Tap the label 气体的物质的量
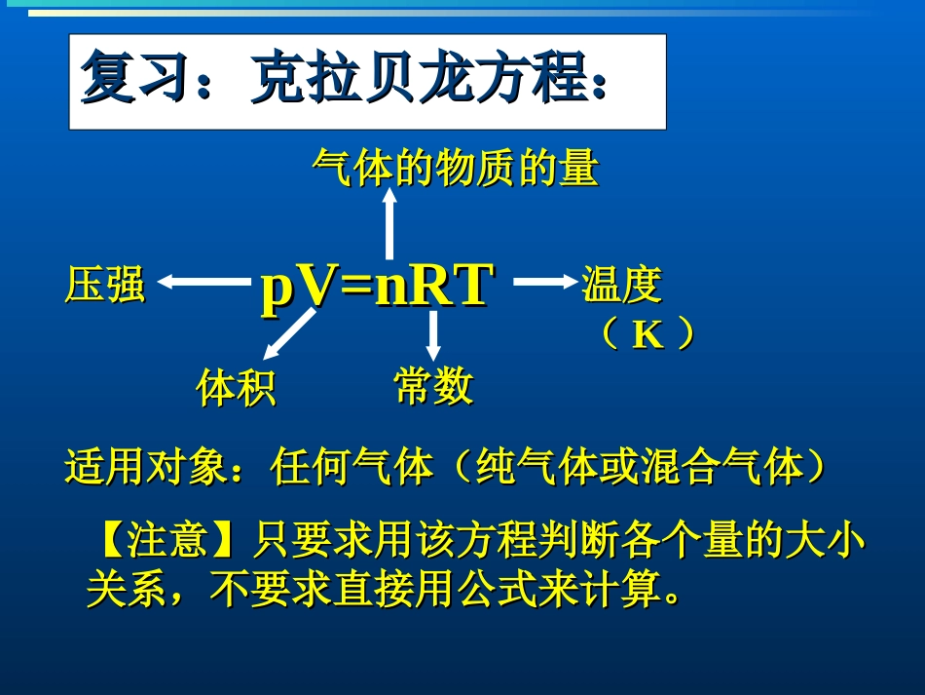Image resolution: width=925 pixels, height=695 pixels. [455, 169]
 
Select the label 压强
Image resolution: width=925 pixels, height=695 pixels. [104, 286]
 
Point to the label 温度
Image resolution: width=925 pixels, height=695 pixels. [621, 286]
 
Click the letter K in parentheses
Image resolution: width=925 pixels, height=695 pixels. [647, 335]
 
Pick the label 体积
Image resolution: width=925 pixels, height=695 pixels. [236, 388]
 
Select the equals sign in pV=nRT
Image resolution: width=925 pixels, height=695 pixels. [356, 288]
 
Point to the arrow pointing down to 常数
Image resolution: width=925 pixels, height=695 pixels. [433, 334]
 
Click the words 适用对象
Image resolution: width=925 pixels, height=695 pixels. [144, 468]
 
